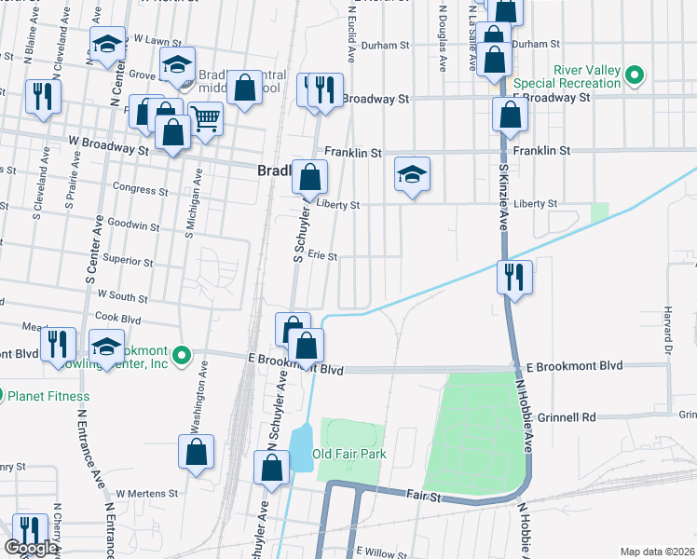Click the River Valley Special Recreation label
(587, 76)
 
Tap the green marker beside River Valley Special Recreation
(635, 75)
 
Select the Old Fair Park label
(349, 455)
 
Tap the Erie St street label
(321, 255)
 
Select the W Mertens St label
(146, 493)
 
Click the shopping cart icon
(205, 118)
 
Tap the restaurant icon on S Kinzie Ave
(513, 277)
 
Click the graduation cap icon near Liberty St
(412, 174)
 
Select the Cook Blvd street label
(117, 318)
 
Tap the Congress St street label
(140, 188)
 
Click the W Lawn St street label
(157, 40)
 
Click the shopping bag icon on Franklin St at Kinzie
(510, 116)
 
